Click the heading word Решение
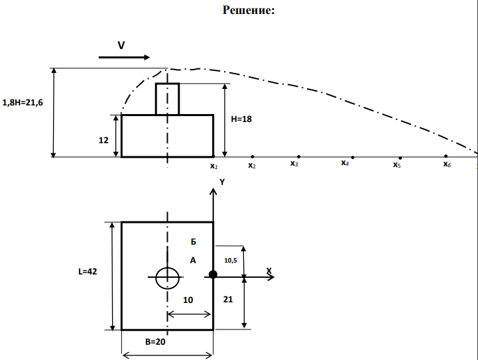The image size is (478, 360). coord(249,10)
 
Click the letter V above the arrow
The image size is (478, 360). coord(121,46)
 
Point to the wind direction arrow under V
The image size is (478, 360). coord(124,57)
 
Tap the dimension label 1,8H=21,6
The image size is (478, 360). coord(23,103)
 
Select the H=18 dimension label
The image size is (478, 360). coord(241,119)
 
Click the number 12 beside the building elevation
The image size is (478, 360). coord(103,140)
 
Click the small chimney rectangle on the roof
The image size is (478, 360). coord(167,99)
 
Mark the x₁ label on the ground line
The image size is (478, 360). coord(213,166)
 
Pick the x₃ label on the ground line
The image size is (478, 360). coord(294,164)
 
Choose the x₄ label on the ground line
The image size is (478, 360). coord(345,163)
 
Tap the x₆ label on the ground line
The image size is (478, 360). coord(447,164)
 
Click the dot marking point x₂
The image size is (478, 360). coord(253,156)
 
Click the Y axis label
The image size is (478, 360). coord(222,182)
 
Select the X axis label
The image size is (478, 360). coord(269,270)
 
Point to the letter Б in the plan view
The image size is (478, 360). coord(194,242)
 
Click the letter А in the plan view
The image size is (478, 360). coord(193,261)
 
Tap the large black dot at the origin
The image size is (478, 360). coord(213,274)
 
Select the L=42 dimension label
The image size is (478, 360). coord(88,272)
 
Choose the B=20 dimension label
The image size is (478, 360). coord(155,342)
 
